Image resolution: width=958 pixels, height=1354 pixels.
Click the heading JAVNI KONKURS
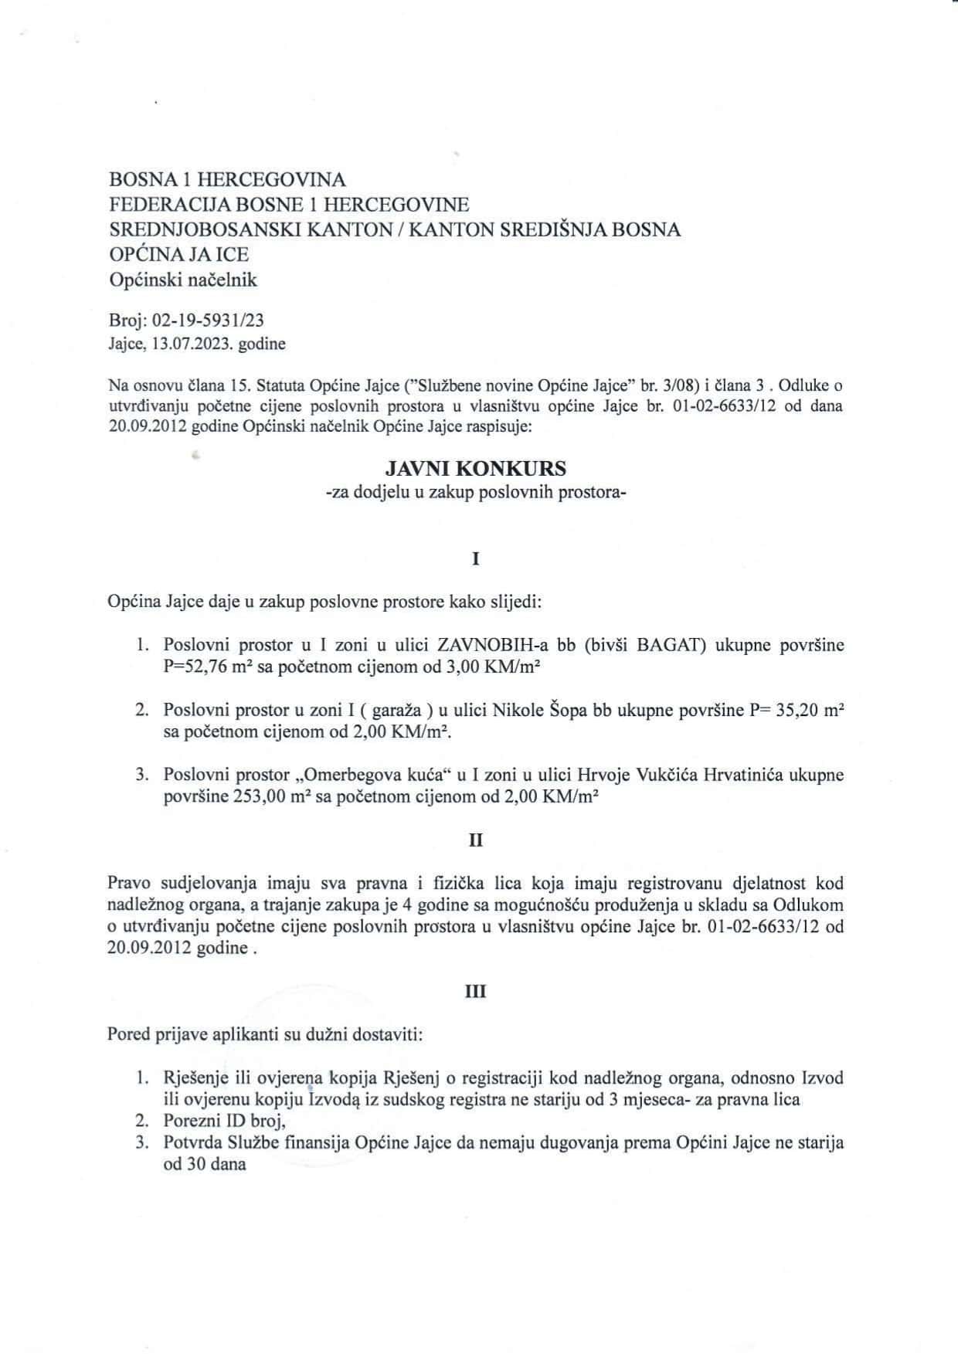pyautogui.click(x=476, y=468)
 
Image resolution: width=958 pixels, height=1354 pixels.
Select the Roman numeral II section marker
pyautogui.click(x=476, y=840)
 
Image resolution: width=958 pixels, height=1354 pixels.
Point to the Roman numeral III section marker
pyautogui.click(x=476, y=991)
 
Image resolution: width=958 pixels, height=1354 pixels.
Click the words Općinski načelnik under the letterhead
pyautogui.click(x=182, y=280)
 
